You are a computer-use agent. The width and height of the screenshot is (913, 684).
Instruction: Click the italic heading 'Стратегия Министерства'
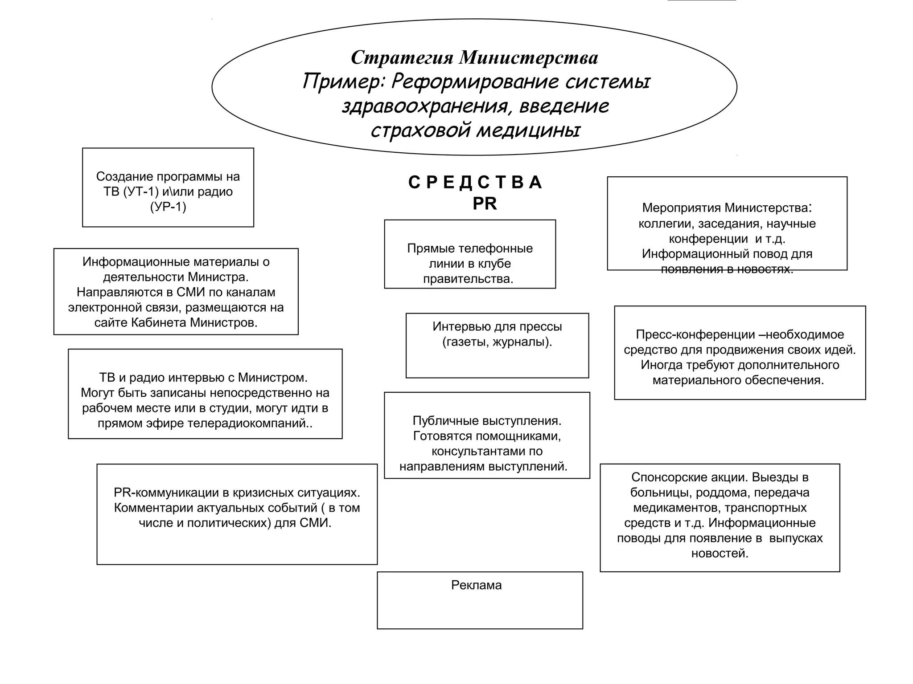[474, 57]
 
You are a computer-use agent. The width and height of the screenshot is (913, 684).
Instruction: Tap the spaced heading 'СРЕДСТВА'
[475, 183]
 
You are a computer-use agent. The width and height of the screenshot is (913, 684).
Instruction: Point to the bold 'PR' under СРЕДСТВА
[485, 204]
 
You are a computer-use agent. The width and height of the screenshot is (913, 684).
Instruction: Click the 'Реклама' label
[476, 585]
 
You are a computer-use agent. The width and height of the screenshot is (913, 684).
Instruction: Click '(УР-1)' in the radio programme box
[168, 207]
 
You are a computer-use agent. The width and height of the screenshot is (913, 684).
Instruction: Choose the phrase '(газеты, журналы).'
[497, 342]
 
